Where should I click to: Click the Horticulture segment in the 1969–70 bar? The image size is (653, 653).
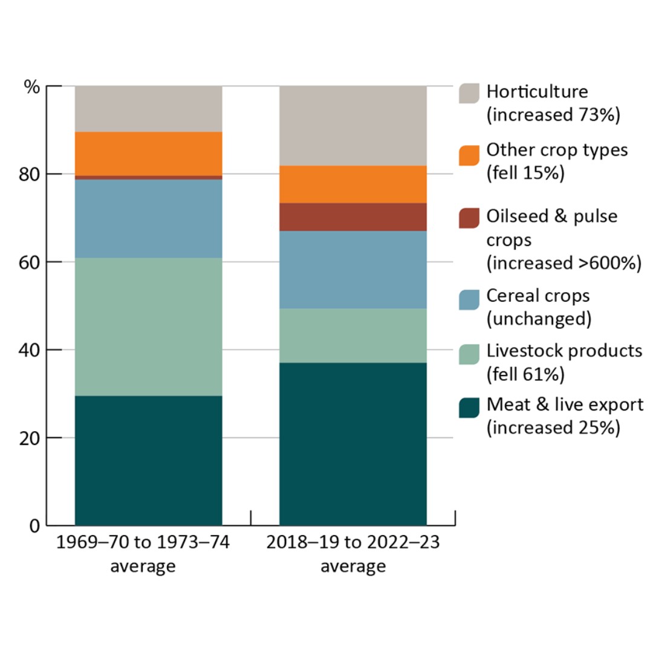tap(148, 109)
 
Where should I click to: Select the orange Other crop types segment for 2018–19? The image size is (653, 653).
tap(352, 184)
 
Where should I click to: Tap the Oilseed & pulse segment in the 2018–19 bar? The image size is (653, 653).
tap(352, 216)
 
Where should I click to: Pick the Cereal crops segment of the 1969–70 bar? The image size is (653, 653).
tap(148, 218)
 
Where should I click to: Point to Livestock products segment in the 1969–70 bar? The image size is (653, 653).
tap(148, 326)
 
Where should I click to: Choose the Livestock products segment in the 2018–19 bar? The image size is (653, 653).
tap(352, 336)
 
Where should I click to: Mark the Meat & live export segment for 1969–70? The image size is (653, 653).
tap(148, 460)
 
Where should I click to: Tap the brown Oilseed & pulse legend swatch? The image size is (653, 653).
tap(469, 218)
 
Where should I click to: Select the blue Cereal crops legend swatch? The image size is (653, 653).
tap(469, 299)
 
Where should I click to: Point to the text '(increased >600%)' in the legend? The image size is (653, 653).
tap(563, 264)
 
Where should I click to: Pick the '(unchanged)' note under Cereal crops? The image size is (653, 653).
tap(538, 319)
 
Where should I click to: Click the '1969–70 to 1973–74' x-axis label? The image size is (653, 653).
tap(143, 542)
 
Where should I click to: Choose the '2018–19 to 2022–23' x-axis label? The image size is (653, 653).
tap(353, 542)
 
